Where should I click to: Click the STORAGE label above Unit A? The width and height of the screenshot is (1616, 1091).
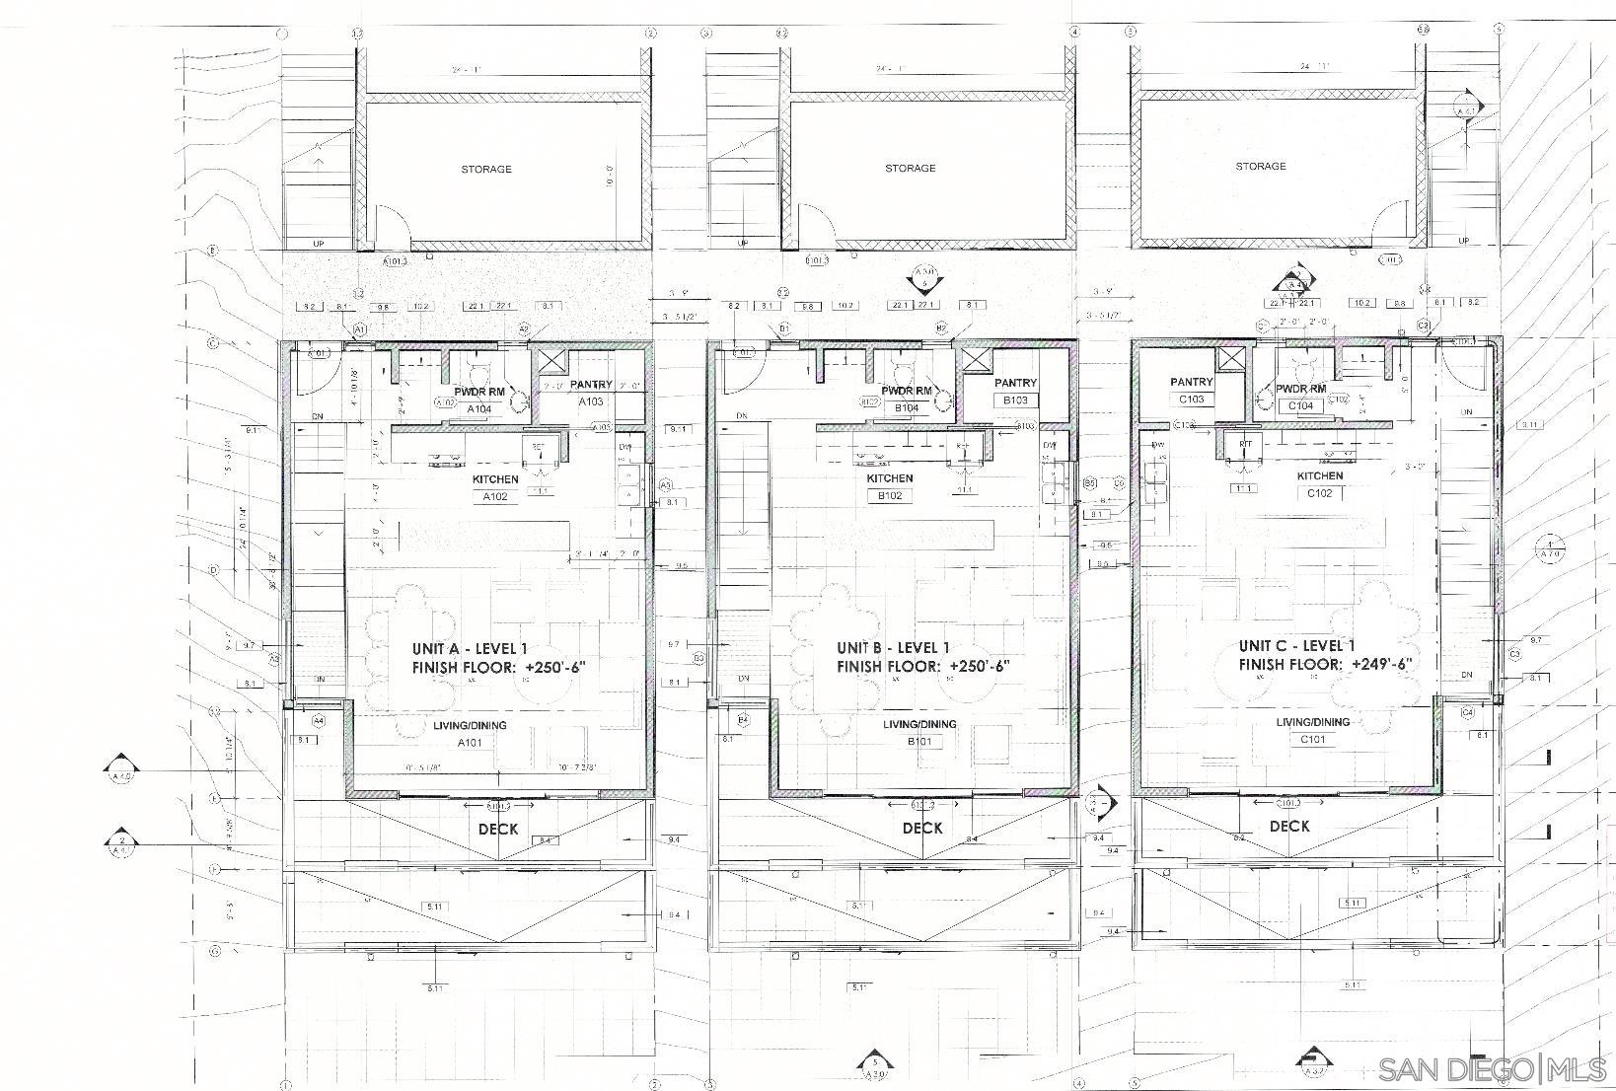pos(486,169)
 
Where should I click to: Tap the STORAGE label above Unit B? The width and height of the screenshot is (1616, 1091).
pos(910,168)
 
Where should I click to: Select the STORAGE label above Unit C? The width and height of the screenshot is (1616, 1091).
pos(1260,166)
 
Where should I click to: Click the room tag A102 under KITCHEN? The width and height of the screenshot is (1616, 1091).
pos(494,496)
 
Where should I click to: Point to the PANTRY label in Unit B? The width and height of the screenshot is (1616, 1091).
pos(1015,383)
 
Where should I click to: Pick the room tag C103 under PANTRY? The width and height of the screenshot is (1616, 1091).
pos(1191,400)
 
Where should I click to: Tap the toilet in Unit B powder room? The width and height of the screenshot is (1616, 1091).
pos(901,372)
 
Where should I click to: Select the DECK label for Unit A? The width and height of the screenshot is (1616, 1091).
pos(498,829)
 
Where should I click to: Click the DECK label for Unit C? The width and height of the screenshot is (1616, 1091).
pos(1288,826)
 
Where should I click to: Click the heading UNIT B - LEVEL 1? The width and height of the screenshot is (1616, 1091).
pos(892,647)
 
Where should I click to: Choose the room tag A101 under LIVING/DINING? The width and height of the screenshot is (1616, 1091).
pos(469,743)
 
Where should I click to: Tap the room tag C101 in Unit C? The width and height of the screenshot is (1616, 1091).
pos(1312,739)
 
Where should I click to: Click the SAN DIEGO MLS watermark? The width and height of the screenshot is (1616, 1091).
pos(1492,1069)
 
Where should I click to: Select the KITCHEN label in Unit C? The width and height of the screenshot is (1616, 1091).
pos(1319,475)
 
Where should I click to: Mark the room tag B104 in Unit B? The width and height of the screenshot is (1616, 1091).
pos(908,407)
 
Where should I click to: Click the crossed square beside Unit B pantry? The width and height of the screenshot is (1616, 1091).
pos(976,358)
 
